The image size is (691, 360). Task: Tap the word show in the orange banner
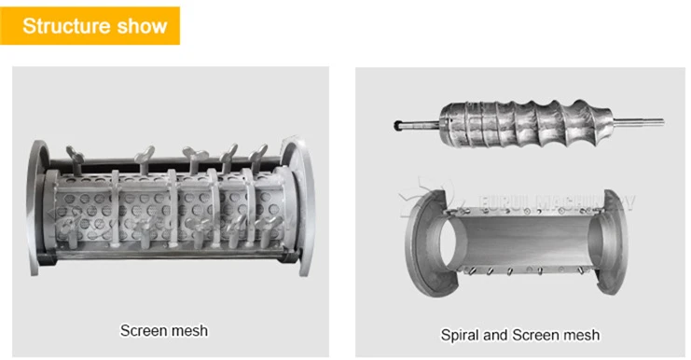[141, 25]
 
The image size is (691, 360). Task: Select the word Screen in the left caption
[142, 330]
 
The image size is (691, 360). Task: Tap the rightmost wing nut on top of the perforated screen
[259, 153]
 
